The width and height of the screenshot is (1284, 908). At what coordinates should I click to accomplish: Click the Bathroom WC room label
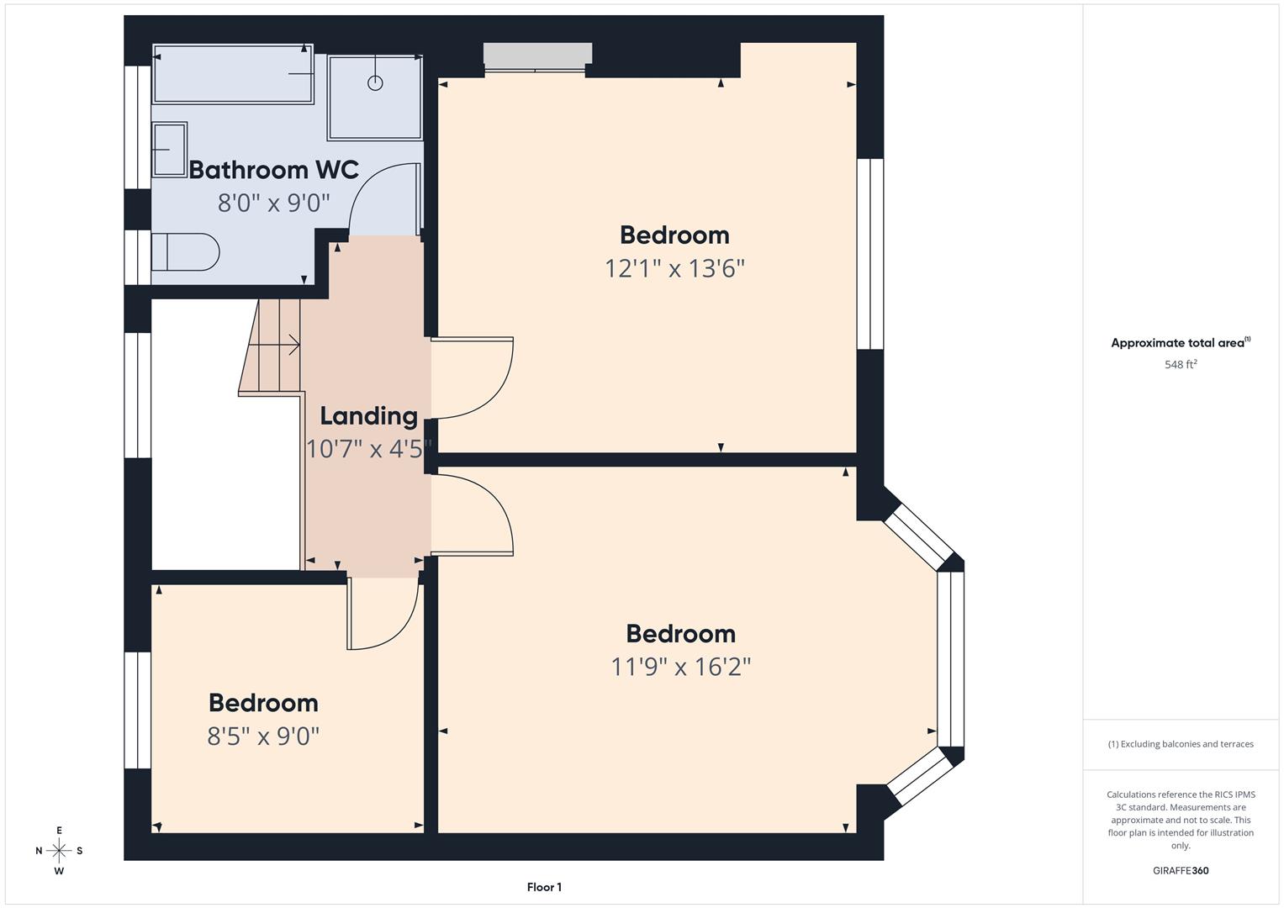[x=273, y=170]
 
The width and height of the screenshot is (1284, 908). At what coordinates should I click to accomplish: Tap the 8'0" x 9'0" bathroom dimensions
[x=273, y=203]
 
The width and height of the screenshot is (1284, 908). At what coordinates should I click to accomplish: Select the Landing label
[x=368, y=416]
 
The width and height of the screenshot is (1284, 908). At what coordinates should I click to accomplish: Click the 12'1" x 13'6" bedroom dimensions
[x=674, y=269]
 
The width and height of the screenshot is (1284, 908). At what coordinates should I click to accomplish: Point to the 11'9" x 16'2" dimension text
[x=680, y=667]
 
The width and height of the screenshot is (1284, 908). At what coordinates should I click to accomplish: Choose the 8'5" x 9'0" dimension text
[x=263, y=736]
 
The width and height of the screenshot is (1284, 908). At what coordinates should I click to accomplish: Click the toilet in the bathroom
[x=186, y=251]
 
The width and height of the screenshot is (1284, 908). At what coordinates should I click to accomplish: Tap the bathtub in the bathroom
[x=233, y=74]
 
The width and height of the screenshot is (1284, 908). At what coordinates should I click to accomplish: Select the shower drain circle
[x=375, y=82]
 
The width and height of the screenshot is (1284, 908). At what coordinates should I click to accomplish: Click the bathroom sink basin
[x=169, y=150]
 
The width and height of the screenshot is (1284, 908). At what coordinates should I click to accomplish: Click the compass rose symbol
[x=59, y=851]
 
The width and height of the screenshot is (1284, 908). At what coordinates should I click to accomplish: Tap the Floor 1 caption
[x=544, y=887]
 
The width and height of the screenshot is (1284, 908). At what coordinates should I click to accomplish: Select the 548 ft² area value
[x=1180, y=365]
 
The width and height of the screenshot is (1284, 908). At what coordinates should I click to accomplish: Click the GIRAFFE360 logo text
[x=1180, y=870]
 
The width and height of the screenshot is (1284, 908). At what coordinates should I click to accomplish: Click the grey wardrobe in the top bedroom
[x=537, y=54]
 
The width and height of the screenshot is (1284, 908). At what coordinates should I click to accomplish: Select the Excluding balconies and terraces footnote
[x=1180, y=744]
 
